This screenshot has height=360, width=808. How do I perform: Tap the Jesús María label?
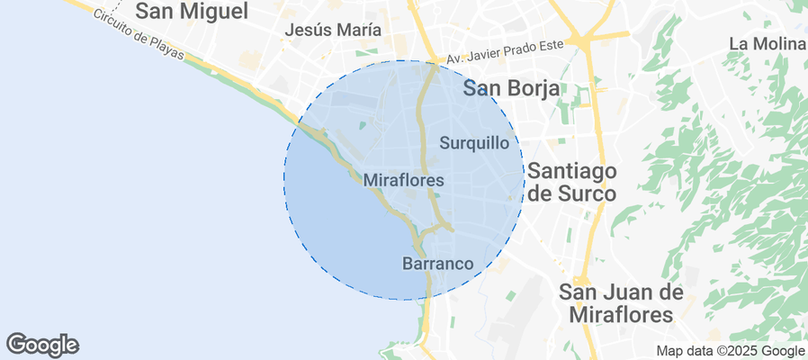(x=332, y=30)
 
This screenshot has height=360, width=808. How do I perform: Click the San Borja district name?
(x=511, y=88)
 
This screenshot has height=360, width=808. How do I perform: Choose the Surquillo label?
(x=475, y=142)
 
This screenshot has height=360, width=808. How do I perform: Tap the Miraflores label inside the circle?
(x=404, y=181)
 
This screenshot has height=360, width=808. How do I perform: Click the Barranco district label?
(x=437, y=264)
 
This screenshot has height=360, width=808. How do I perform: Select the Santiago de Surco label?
(x=571, y=182)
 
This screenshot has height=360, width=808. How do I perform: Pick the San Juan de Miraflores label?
(x=621, y=303)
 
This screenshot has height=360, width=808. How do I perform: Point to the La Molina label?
(x=767, y=43)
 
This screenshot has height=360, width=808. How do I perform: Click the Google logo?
(x=42, y=345)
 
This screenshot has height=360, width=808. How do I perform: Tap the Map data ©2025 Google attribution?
(x=730, y=351)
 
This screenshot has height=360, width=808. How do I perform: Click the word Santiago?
(x=571, y=170)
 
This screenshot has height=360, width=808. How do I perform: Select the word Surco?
(x=585, y=193)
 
